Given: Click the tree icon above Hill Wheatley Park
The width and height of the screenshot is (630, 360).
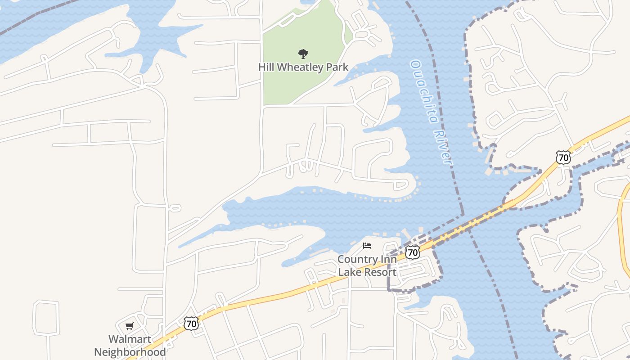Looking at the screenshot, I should click(x=303, y=54).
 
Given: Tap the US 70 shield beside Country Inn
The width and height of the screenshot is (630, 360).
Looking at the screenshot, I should click(x=412, y=252).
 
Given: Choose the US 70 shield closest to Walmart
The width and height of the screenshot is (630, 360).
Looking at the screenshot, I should click(x=191, y=323).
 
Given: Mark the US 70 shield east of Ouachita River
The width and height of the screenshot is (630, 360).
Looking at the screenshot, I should click(x=563, y=157).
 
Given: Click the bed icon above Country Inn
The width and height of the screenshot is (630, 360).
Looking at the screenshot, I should click(x=367, y=246).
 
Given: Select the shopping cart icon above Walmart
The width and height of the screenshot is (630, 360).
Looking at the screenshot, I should click(x=130, y=326).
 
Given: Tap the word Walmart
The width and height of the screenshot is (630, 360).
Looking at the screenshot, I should click(x=130, y=339).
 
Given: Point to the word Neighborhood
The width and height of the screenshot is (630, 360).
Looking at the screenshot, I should click(x=130, y=352).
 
